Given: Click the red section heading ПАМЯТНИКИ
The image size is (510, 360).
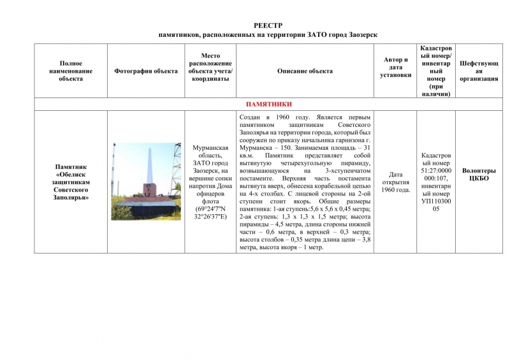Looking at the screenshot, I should pyautogui.click(x=268, y=104).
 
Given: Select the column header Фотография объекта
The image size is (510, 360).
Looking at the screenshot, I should pyautogui.click(x=146, y=71).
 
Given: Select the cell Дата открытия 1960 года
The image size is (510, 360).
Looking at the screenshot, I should pyautogui.click(x=395, y=182).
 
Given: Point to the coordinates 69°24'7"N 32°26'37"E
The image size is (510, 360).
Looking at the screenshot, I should pyautogui.click(x=210, y=213).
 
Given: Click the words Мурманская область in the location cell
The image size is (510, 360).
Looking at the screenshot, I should pyautogui.click(x=210, y=151).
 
